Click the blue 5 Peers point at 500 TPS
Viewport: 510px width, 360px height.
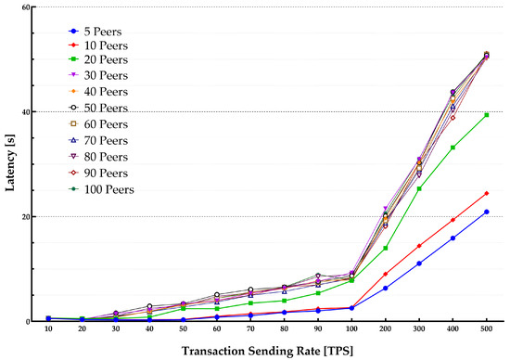click(x=487, y=212)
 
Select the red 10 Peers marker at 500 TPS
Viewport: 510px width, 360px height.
click(x=487, y=194)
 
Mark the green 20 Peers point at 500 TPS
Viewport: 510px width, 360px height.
click(x=487, y=115)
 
